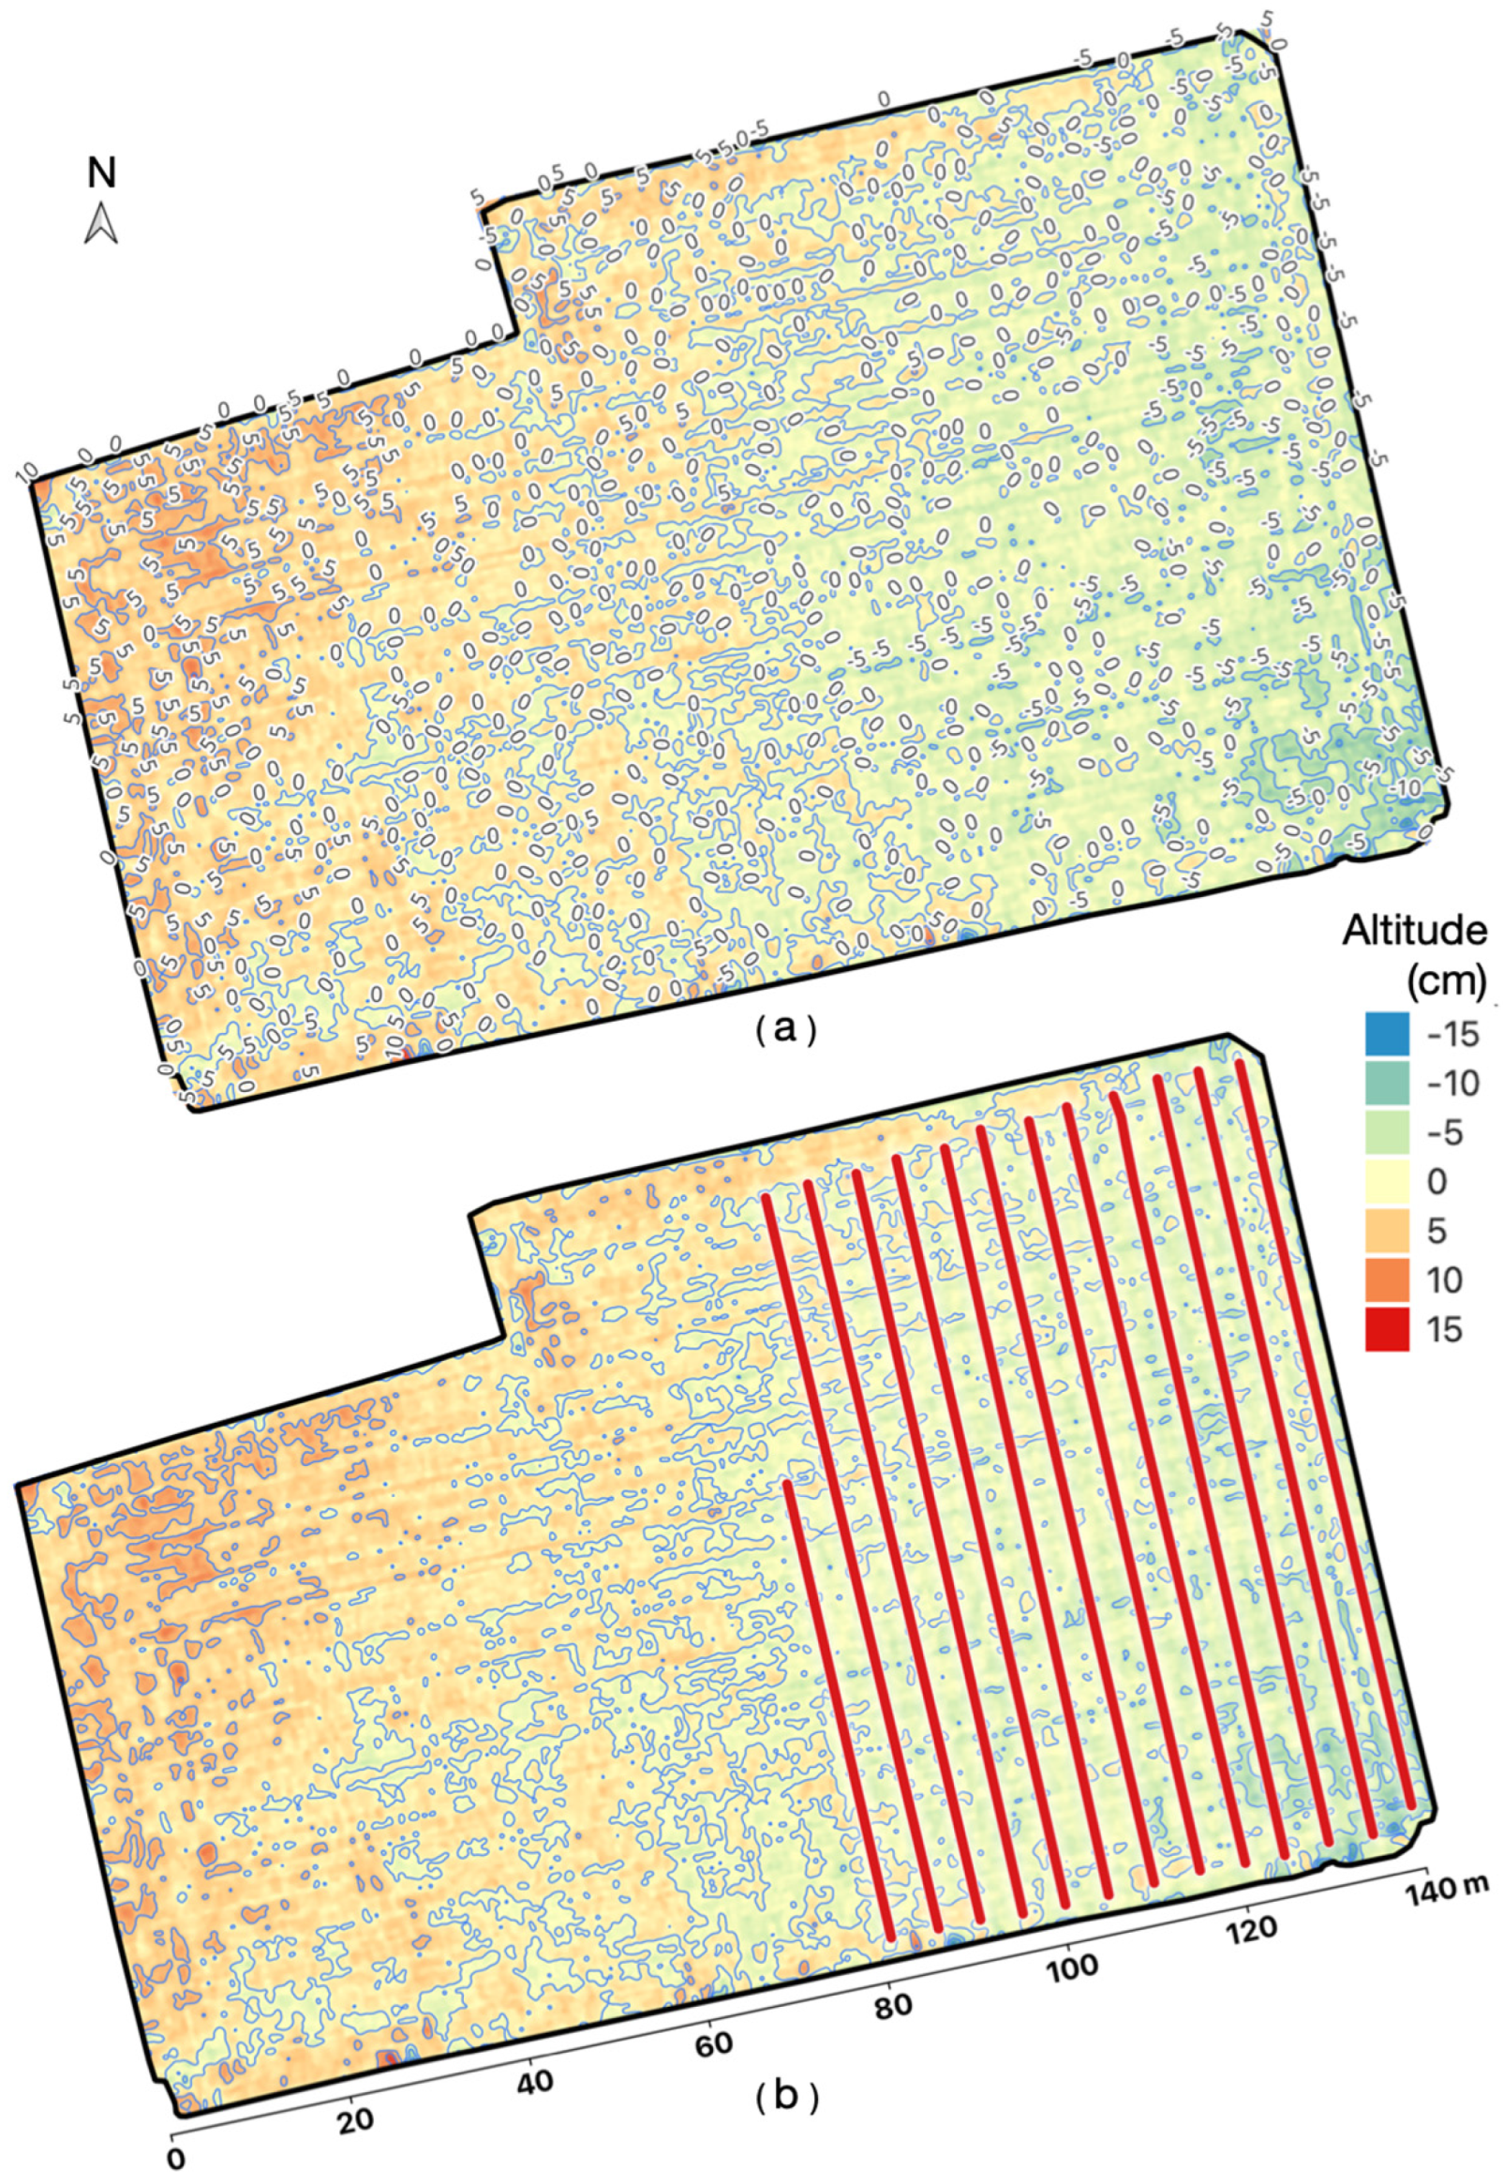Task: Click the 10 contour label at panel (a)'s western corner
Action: pos(25,468)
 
